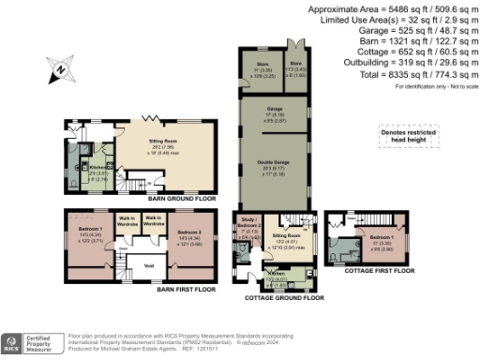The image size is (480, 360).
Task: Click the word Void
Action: coord(148,265)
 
